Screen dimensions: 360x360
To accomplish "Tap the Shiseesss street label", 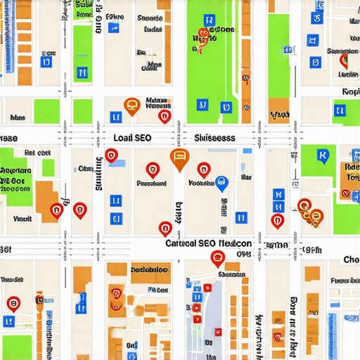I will (214, 139).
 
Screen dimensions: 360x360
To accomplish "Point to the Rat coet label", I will (37, 152).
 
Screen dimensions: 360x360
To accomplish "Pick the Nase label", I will (18, 119).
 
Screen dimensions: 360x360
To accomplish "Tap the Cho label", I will (351, 260).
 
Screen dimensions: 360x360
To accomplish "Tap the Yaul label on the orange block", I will (279, 114).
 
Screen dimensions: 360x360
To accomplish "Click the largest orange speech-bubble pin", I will (179, 159).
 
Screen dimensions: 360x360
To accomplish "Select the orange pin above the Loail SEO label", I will (131, 105).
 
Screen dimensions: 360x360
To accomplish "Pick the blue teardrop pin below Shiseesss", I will (221, 184).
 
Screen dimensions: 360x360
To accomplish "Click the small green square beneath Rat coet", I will (48, 167).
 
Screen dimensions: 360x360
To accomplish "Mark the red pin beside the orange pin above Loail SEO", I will (165, 116).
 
